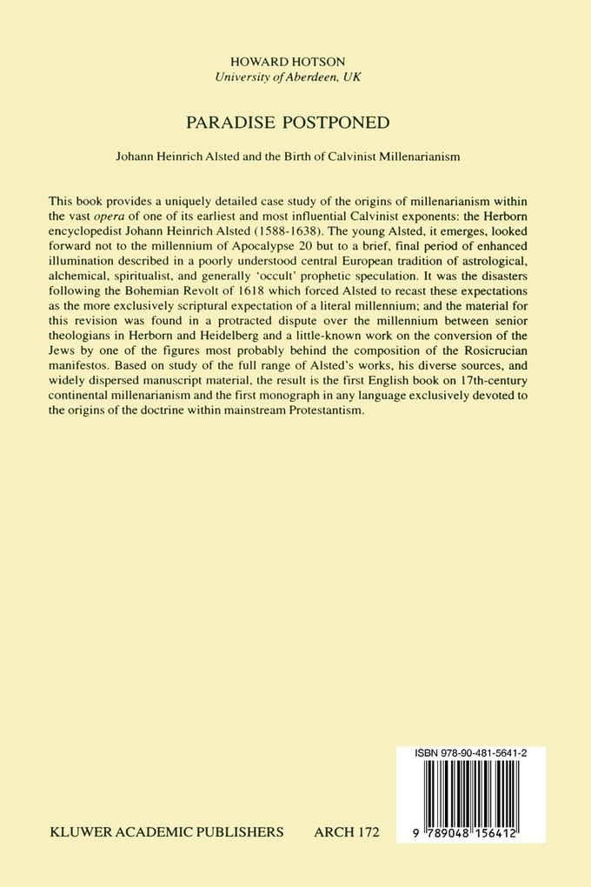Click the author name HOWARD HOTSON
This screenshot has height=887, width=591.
click(295, 62)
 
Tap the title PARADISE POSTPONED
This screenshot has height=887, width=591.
click(295, 122)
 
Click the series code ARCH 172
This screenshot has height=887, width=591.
click(346, 832)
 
